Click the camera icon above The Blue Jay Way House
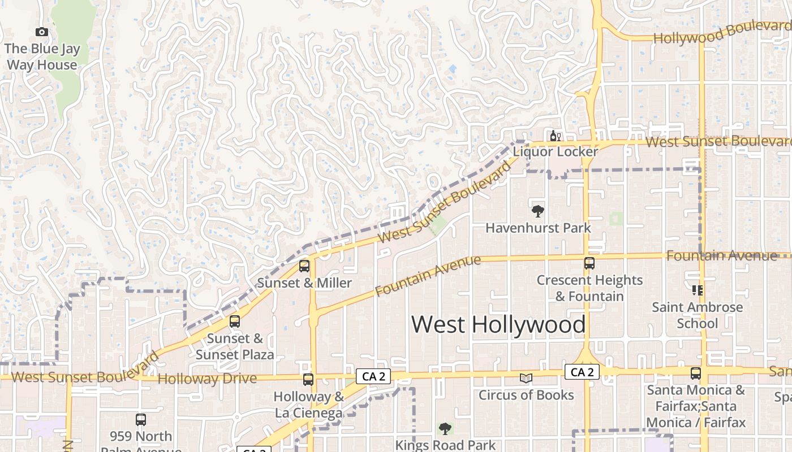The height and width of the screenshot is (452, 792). coord(41,32)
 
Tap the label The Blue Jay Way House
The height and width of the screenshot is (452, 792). coord(42,57)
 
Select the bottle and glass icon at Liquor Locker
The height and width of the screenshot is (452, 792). coord(555,136)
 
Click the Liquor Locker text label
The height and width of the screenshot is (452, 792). coord(555,151)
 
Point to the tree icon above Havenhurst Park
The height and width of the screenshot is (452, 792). coord(537,211)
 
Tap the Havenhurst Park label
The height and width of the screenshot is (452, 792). coord(538,228)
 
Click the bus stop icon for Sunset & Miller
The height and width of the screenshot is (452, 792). coord(304,266)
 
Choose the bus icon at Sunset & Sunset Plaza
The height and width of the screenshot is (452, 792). coord(235,321)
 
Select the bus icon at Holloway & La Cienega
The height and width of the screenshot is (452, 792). coord(308,380)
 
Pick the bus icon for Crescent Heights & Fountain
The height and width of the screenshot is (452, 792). coord(589,263)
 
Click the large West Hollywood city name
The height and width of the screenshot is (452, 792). coord(498,324)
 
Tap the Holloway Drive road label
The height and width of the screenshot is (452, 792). coord(207,379)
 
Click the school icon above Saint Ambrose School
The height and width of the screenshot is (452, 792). coord(698,290)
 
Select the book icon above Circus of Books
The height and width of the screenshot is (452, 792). coord(526,378)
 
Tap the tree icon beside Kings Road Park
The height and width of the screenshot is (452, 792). coord(445,429)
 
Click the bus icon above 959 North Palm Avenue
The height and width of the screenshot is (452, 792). coord(141,420)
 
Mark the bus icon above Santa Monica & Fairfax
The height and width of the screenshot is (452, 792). coord(695,373)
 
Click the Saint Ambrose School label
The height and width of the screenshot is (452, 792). coord(698,315)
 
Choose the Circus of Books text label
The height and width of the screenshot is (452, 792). coord(526,395)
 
